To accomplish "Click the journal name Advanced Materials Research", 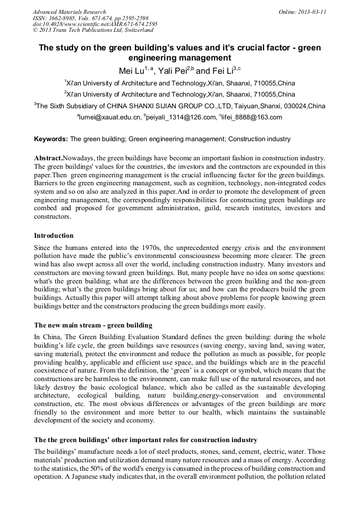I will pos(69,12).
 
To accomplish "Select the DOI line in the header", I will pos(95,24).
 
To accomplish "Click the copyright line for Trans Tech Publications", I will pos(93,30).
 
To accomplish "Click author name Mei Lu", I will pos(130,70).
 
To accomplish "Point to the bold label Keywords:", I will pos(51,140).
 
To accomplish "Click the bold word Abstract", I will pos(48,159).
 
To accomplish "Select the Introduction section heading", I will pos(54,235).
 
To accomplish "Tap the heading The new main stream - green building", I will pos(93,325).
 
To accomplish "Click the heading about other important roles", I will pos(145,440).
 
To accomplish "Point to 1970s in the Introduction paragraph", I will pos(154,248).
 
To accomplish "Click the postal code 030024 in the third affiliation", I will pos(293,106).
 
